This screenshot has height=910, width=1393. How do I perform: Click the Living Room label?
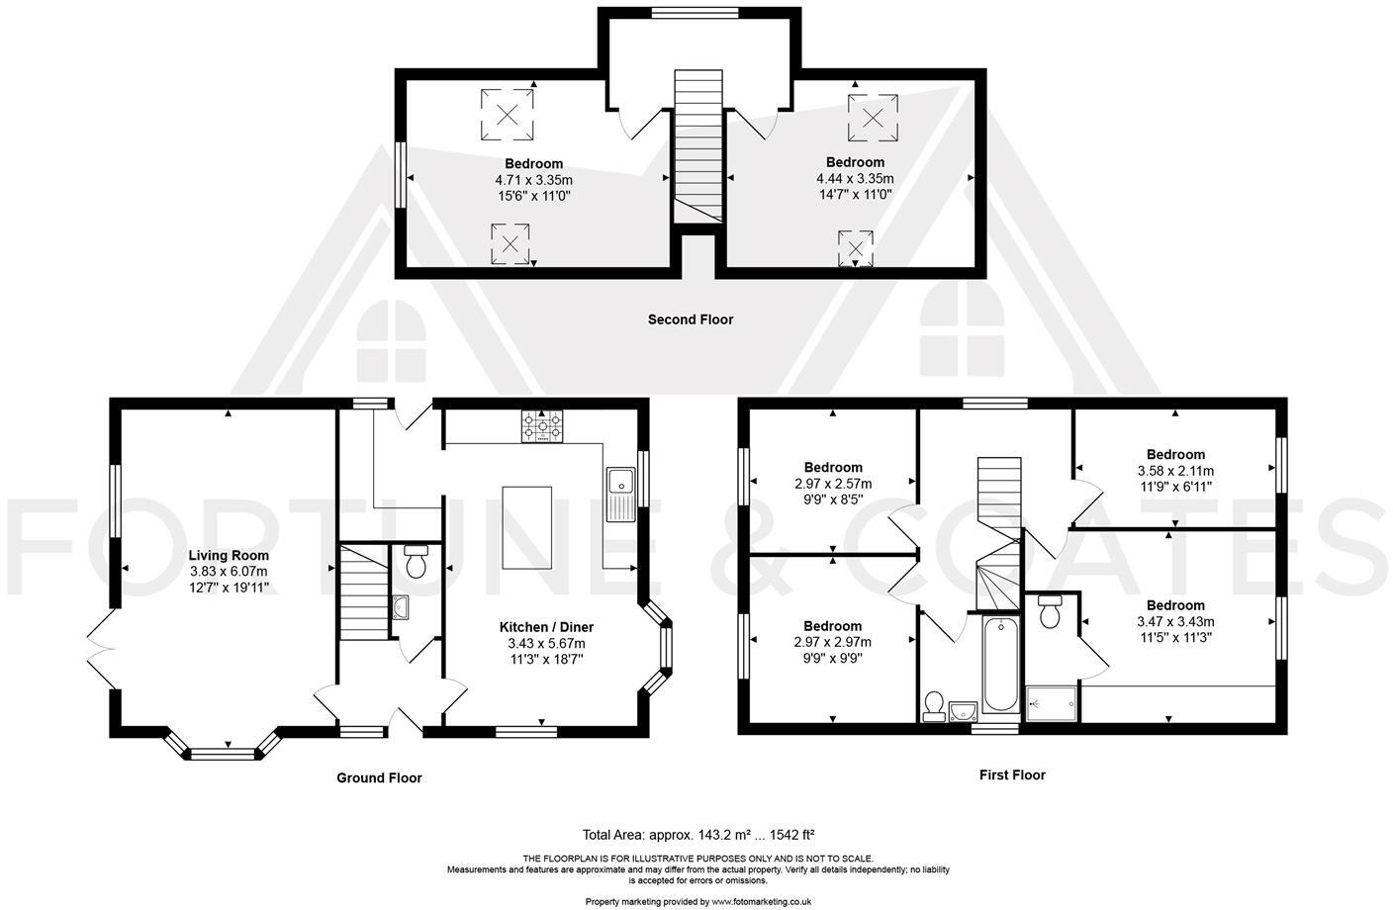(x=229, y=555)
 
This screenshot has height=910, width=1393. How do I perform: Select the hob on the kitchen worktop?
(x=541, y=426)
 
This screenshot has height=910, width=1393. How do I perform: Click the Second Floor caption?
(x=691, y=319)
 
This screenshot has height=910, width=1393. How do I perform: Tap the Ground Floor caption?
(x=379, y=777)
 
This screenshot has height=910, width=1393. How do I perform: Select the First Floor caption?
(x=1012, y=774)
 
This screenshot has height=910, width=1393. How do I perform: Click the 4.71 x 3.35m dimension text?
(x=533, y=180)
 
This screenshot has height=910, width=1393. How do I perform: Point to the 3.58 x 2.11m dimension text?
(x=1175, y=471)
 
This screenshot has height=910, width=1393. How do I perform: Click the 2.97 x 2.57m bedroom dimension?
(x=832, y=484)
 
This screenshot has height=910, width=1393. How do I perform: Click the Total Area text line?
(x=697, y=834)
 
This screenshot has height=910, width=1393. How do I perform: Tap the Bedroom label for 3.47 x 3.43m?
(x=1175, y=605)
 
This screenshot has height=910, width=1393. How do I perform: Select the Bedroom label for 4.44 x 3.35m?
(x=855, y=162)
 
